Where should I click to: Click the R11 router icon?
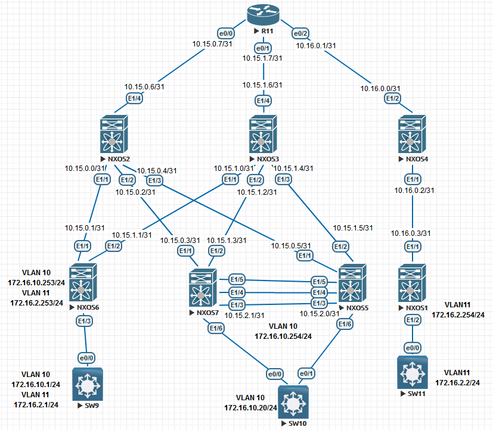(263, 14)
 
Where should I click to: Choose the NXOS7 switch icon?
(203, 289)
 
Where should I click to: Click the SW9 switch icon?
(87, 385)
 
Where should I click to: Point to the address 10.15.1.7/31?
(263, 58)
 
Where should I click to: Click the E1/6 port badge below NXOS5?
(346, 323)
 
